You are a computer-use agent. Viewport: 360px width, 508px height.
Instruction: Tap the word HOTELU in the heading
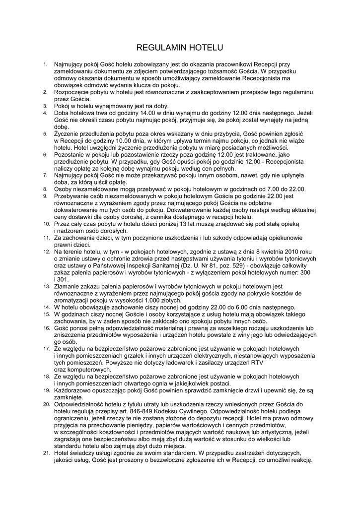tap(206, 48)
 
